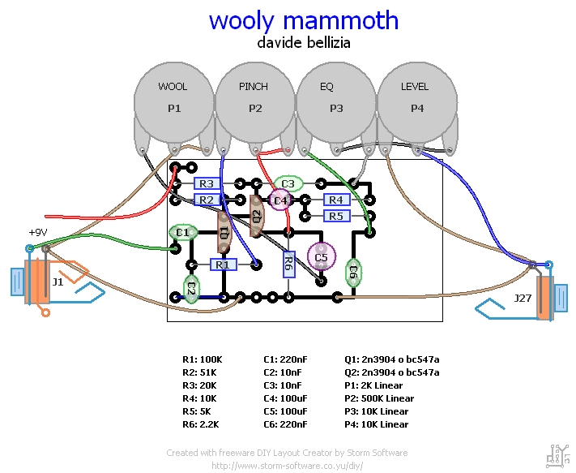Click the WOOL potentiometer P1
click(173, 101)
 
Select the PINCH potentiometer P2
click(254, 101)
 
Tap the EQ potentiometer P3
click(336, 101)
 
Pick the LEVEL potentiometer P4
click(416, 101)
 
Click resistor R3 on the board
click(206, 184)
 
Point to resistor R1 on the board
click(223, 264)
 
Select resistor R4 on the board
click(336, 200)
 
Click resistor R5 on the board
click(336, 216)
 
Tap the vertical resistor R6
click(288, 263)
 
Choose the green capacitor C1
click(182, 233)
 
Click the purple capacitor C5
click(322, 257)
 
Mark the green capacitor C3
click(288, 184)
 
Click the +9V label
click(38, 232)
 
